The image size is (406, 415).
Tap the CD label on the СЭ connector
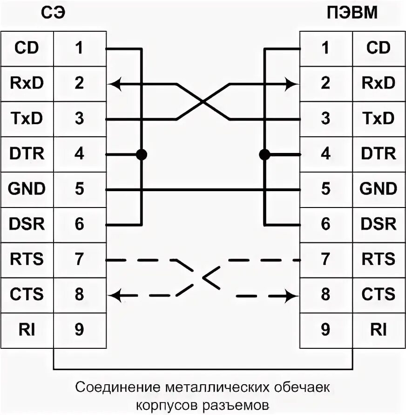tap(27, 48)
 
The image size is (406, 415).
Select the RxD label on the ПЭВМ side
tap(378, 83)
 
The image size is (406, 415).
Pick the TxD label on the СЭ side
tap(27, 118)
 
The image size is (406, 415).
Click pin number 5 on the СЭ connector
tap(79, 189)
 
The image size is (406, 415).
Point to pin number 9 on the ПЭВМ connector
tap(326, 330)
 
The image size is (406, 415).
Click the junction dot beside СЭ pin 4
tap(141, 154)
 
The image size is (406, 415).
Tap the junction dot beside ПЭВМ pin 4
tap(264, 154)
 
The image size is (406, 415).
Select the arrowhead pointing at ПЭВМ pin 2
tap(292, 84)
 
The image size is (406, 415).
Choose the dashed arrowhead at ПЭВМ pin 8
tap(292, 295)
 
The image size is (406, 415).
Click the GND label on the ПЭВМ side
tap(378, 189)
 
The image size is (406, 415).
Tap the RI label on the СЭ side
tap(27, 330)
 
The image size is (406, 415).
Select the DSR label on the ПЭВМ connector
tap(378, 224)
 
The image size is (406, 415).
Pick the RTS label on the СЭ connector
tap(27, 259)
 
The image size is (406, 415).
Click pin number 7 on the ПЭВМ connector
tap(326, 259)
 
